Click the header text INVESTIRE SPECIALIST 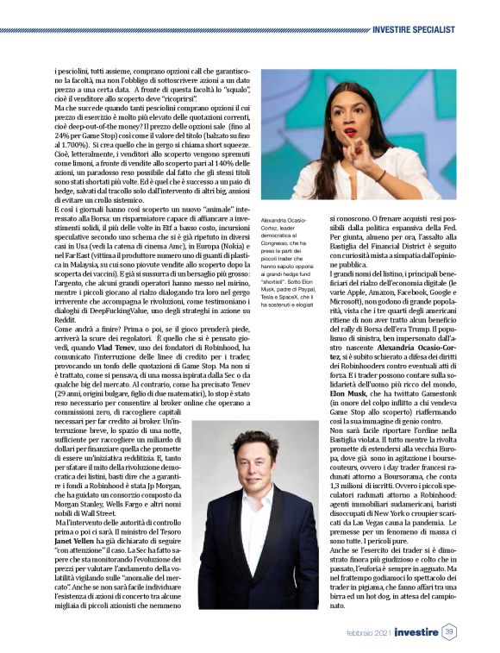415,29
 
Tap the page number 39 448,633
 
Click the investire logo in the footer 411,633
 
